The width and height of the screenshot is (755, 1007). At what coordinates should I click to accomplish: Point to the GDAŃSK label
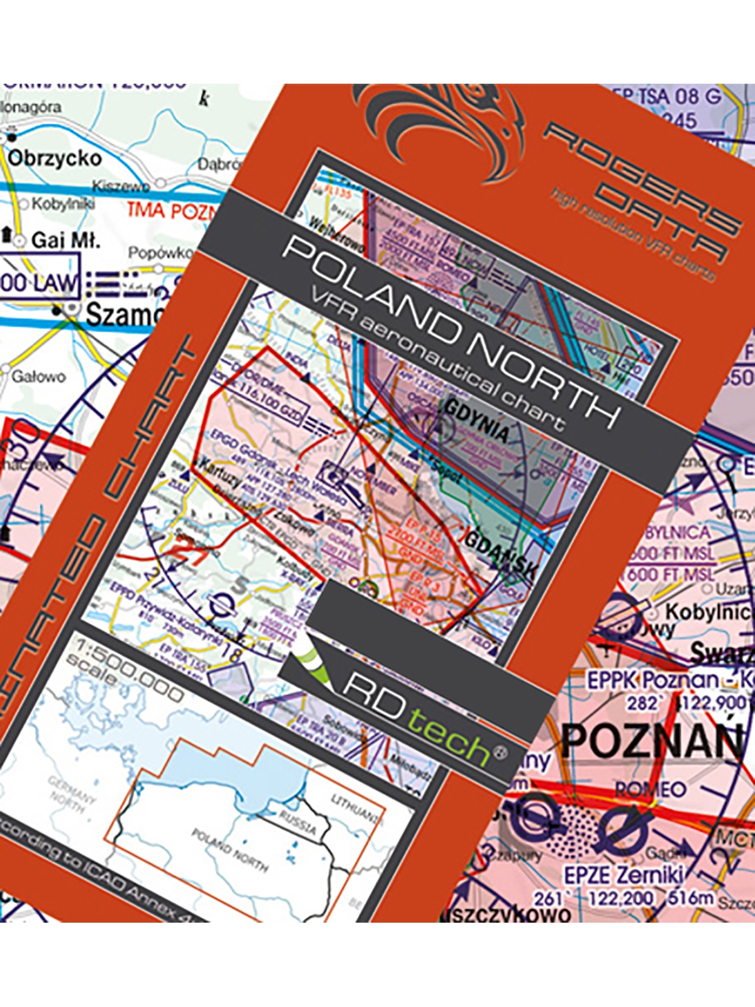(501, 553)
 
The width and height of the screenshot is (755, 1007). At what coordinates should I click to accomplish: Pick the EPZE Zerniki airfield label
(623, 875)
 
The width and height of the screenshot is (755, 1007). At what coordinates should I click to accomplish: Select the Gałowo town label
(38, 377)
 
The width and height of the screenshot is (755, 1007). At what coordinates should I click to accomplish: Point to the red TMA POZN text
(171, 211)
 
